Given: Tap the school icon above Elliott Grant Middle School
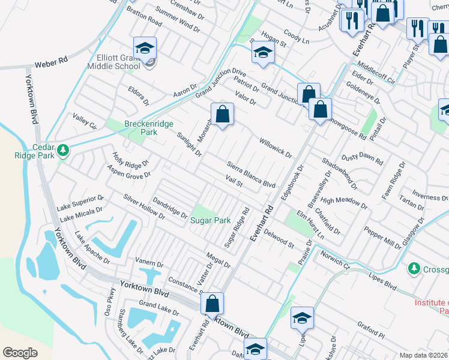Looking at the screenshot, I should pyautogui.click(x=145, y=49).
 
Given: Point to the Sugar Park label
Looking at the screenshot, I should pyautogui.click(x=211, y=220).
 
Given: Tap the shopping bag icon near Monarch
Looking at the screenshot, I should pyautogui.click(x=222, y=113).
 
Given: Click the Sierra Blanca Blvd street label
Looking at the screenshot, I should pyautogui.click(x=251, y=175).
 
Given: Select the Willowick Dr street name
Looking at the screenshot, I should pyautogui.click(x=275, y=148).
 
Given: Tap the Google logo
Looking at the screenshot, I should pyautogui.click(x=20, y=352).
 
